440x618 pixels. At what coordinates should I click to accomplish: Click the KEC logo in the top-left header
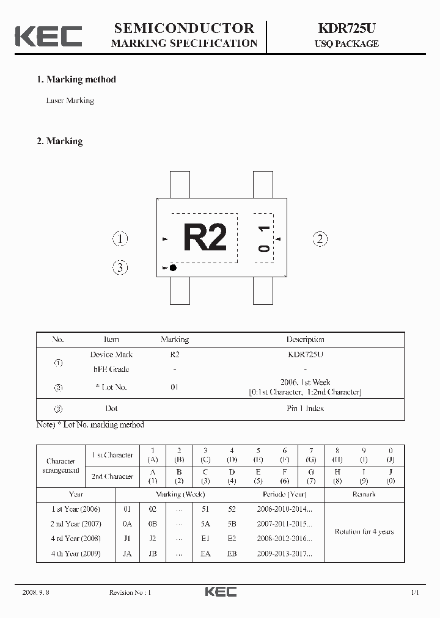(48, 36)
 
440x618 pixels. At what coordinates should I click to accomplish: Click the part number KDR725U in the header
(346, 28)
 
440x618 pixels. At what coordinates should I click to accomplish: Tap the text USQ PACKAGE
(346, 44)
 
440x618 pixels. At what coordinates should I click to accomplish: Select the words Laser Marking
(70, 101)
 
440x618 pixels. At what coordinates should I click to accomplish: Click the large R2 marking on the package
(205, 238)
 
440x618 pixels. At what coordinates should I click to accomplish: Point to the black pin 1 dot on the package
(173, 267)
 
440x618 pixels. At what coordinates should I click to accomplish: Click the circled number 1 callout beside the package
(120, 239)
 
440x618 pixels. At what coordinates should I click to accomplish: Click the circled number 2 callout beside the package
(320, 239)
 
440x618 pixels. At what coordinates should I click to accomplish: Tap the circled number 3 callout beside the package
(120, 267)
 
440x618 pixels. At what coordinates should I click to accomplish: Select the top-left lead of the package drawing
(179, 184)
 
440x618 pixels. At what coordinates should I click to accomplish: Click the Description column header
(305, 340)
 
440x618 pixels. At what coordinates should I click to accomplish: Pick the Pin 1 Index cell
(305, 409)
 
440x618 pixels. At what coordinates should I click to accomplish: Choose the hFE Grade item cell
(111, 369)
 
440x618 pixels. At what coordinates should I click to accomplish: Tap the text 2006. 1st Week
(305, 382)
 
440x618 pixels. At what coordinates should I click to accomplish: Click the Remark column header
(364, 494)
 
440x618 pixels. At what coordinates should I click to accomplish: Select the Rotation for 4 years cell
(364, 531)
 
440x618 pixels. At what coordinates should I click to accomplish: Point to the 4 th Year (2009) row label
(76, 554)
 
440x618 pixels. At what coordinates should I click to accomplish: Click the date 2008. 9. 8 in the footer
(35, 592)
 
